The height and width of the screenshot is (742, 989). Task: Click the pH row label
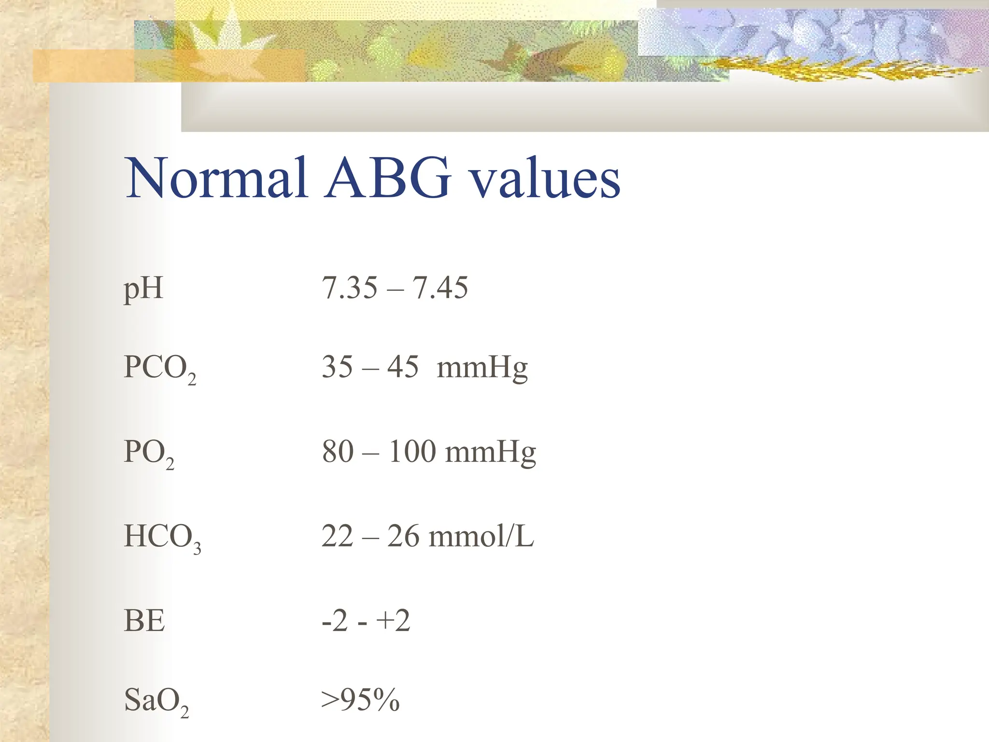click(x=143, y=289)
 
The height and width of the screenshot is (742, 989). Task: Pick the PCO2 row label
click(x=160, y=368)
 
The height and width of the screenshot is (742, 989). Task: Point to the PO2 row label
click(x=149, y=453)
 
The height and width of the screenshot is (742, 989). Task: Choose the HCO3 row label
click(x=162, y=537)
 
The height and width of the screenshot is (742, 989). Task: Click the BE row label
click(x=144, y=621)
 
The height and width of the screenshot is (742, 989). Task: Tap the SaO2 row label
click(x=156, y=700)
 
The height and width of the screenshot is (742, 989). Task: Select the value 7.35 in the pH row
click(x=350, y=288)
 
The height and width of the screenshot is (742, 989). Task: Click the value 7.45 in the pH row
click(x=440, y=288)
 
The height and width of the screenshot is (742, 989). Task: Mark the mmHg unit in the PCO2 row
click(x=482, y=368)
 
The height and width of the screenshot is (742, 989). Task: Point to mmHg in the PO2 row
click(x=490, y=453)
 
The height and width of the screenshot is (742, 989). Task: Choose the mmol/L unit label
click(x=481, y=536)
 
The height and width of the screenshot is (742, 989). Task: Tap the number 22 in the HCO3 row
click(x=338, y=536)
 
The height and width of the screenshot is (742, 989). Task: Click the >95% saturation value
click(x=361, y=699)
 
